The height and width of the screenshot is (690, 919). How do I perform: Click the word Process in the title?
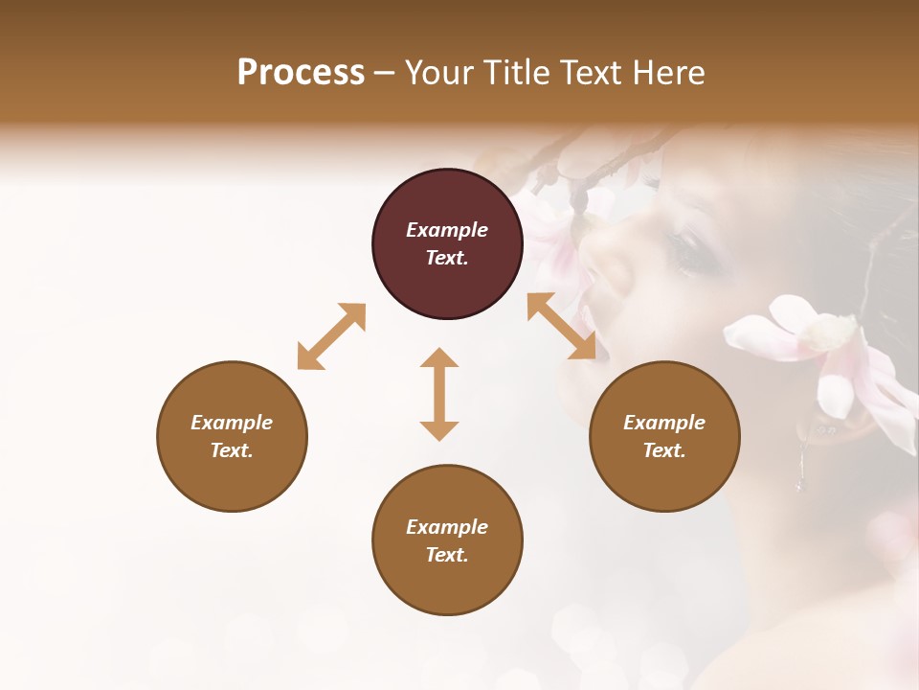[301, 72]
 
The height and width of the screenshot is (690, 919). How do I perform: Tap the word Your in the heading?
[439, 72]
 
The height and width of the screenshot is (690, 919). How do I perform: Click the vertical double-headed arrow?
[439, 394]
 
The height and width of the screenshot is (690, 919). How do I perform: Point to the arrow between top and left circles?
[331, 336]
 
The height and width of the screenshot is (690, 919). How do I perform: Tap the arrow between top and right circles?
[568, 326]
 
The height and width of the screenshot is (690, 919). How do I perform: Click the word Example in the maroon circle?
[447, 230]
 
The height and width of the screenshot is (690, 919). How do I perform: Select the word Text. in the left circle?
[232, 450]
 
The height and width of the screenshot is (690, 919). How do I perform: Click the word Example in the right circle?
[664, 423]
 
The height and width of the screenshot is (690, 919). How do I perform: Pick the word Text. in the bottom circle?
[447, 555]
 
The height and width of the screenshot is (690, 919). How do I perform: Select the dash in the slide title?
[384, 73]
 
